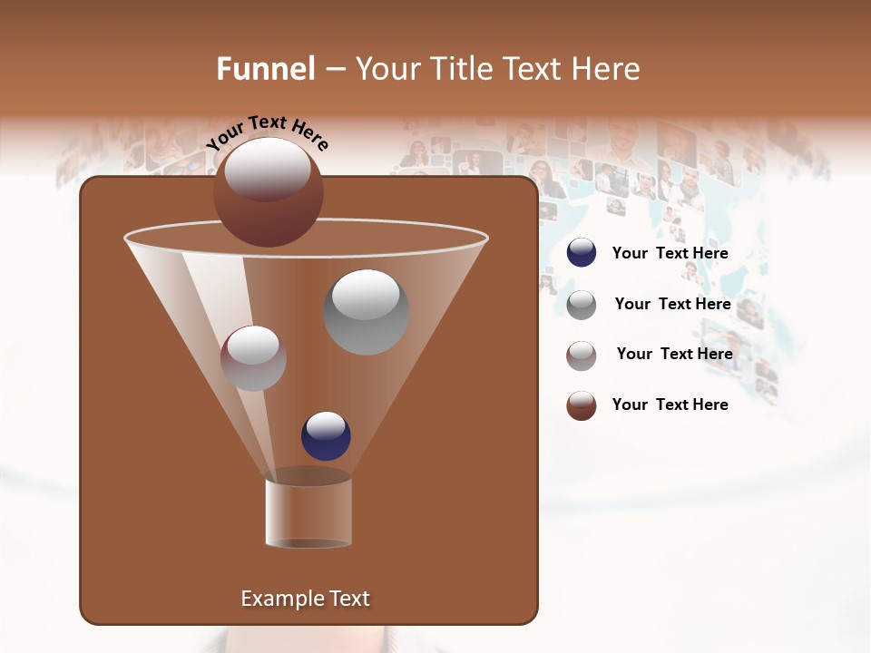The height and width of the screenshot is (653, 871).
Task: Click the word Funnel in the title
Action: coord(266,69)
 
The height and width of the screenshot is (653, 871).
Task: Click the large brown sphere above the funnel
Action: coord(269,193)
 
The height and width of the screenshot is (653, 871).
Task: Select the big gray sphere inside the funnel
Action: coord(367,312)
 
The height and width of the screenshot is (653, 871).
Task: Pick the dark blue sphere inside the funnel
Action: coord(326,436)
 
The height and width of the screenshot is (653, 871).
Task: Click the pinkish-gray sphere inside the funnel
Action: coord(253,358)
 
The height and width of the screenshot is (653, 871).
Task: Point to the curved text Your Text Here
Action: coord(268,132)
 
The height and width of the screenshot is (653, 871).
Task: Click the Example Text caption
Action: coord(305,599)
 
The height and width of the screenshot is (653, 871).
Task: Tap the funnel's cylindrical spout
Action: coord(308,512)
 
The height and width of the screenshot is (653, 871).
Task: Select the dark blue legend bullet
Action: coord(582,253)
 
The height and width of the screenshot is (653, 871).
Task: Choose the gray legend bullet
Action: coord(582,305)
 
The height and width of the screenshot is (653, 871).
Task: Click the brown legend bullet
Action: coord(582,405)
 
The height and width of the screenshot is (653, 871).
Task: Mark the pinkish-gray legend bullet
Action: coord(582,356)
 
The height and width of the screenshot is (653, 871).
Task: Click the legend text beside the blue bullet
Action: coord(670,253)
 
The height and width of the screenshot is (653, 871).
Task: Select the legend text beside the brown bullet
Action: coord(670,404)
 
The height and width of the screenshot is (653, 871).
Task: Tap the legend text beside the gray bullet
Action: coord(672,304)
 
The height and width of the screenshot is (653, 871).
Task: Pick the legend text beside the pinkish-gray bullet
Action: coord(674,354)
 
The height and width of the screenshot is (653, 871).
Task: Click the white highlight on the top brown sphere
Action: coord(268,169)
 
